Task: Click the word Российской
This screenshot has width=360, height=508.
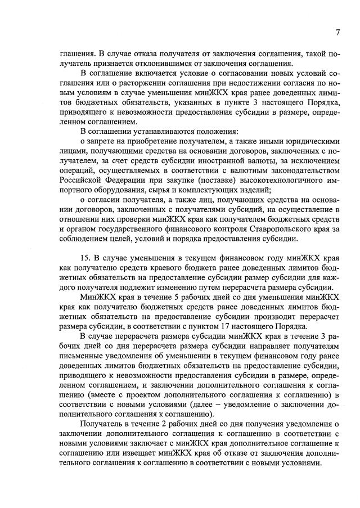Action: [81, 179]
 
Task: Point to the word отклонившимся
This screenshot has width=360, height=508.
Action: [169, 63]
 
